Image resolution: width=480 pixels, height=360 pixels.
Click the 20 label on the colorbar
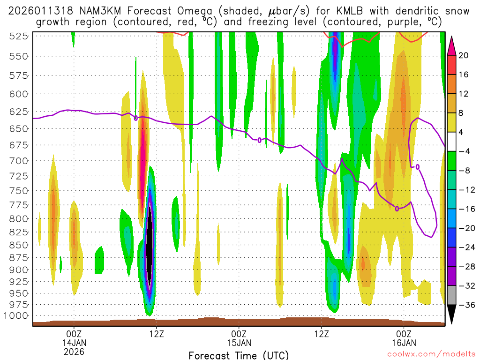[464, 55]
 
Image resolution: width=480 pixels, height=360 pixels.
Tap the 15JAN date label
[239, 342]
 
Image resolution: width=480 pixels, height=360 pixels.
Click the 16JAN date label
[404, 342]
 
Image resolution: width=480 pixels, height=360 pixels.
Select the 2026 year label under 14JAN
[74, 351]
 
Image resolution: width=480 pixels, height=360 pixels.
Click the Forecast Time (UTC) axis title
[239, 355]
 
